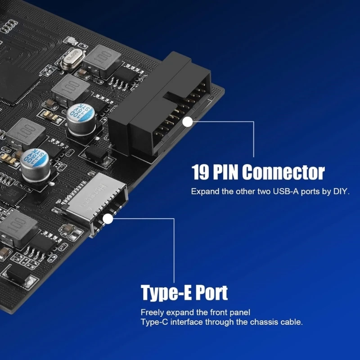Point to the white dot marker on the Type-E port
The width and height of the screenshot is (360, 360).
click(108, 219)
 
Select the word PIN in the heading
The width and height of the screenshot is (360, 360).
click(226, 172)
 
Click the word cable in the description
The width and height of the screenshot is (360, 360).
click(291, 322)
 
